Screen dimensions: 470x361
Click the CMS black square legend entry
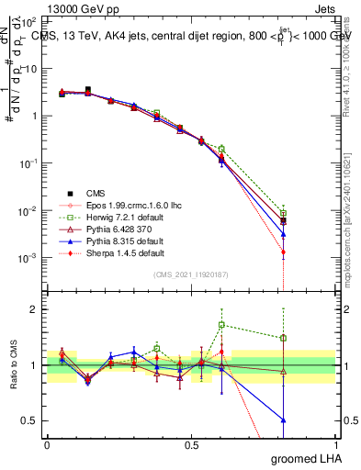[x=96, y=192]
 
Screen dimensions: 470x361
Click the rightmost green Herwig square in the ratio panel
[x=309, y=338]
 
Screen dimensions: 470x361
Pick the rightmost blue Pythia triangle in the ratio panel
[x=309, y=420]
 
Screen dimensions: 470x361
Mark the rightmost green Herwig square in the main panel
[x=309, y=214]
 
